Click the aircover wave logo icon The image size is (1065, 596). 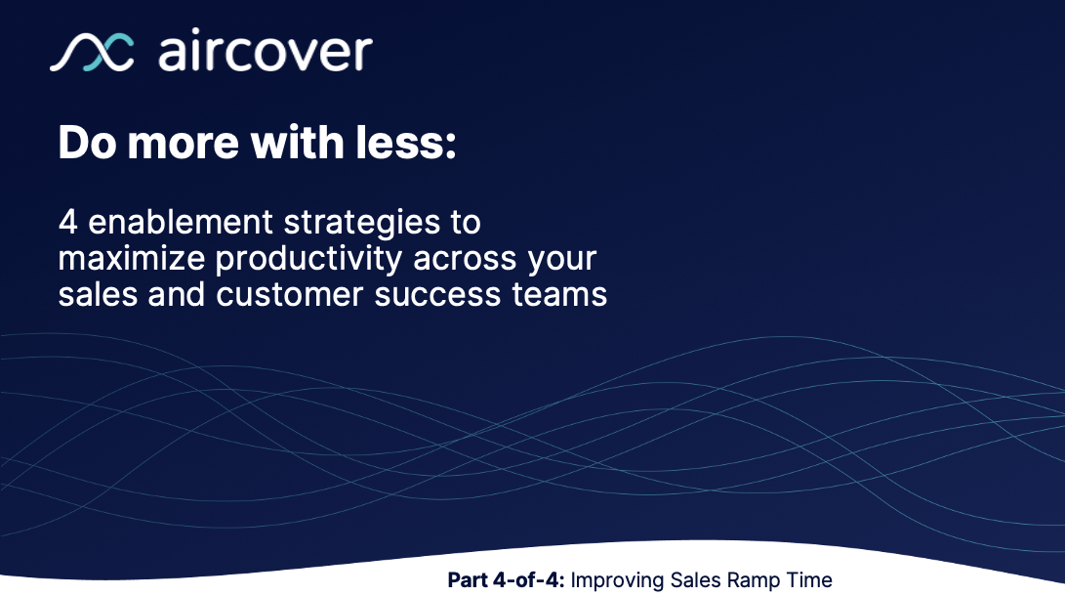coord(92,53)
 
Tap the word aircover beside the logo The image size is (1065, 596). coord(265,52)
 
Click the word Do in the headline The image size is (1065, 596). coord(89,144)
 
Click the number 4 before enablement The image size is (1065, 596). coord(67,223)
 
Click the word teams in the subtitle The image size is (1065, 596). coord(563,294)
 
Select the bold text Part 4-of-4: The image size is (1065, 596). coord(506,580)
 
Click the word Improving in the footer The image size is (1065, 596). coord(617,580)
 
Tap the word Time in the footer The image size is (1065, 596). coord(808,580)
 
